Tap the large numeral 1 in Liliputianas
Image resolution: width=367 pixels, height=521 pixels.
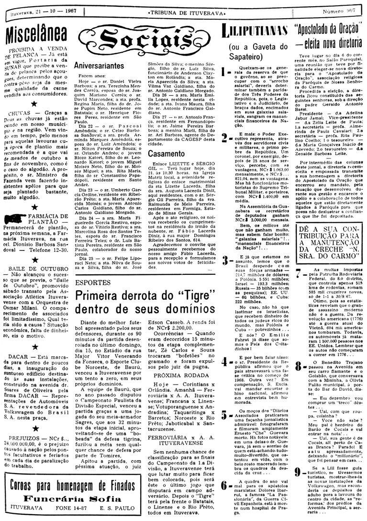click(223, 73)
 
